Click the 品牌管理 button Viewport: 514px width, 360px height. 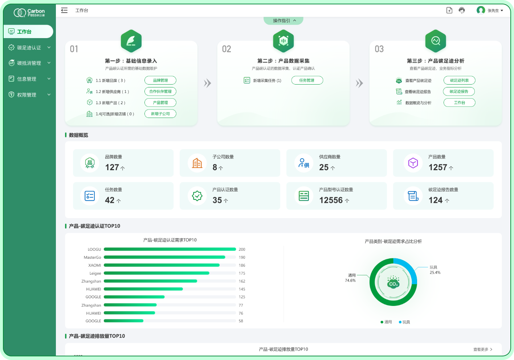(160, 80)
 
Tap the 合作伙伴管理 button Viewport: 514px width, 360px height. (160, 91)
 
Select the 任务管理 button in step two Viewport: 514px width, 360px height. (307, 80)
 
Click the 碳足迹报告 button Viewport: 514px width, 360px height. (459, 91)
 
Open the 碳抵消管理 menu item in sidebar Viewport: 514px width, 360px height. (29, 63)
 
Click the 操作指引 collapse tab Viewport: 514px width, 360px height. (283, 21)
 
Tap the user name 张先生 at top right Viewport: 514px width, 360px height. (493, 11)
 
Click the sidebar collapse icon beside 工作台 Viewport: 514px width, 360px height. (64, 11)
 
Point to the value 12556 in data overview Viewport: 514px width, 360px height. (331, 200)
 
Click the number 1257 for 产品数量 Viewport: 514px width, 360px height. (438, 167)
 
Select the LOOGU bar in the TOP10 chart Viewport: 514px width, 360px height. (170, 249)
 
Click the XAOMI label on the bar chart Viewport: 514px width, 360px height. (95, 265)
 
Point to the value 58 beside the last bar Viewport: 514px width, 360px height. (241, 321)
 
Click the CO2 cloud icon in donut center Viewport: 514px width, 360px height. (393, 282)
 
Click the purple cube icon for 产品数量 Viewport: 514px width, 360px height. (413, 163)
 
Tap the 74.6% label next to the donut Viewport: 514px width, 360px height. (350, 281)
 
